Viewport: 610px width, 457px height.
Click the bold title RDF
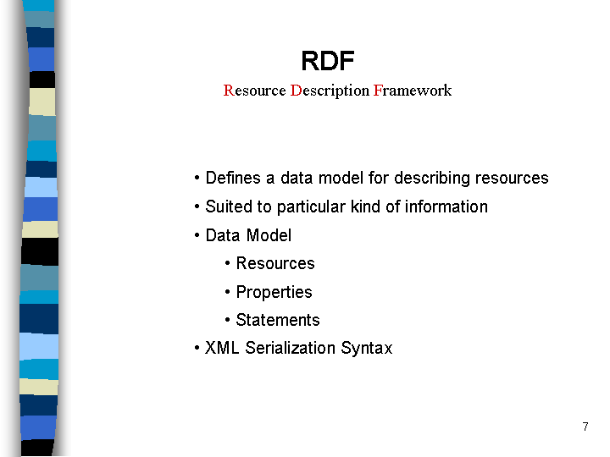pyautogui.click(x=328, y=61)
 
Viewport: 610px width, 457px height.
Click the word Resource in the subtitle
pyautogui.click(x=254, y=91)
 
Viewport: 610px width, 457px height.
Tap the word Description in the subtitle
pyautogui.click(x=330, y=91)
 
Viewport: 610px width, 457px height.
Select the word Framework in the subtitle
pyautogui.click(x=413, y=91)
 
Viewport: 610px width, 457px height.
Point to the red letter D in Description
pyautogui.click(x=296, y=91)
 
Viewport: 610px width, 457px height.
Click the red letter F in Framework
pyautogui.click(x=378, y=91)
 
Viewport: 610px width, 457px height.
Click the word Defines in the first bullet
pyautogui.click(x=233, y=178)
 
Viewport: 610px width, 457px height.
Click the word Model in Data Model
pyautogui.click(x=269, y=235)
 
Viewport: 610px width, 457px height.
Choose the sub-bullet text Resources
pyautogui.click(x=275, y=263)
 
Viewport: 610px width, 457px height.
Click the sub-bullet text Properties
pyautogui.click(x=274, y=293)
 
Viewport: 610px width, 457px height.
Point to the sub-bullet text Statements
pyautogui.click(x=278, y=320)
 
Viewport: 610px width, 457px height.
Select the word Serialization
pyautogui.click(x=291, y=348)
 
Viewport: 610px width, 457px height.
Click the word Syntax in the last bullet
pyautogui.click(x=367, y=349)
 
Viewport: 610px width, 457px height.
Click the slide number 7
pyautogui.click(x=585, y=427)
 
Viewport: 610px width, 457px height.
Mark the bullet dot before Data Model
pyautogui.click(x=197, y=235)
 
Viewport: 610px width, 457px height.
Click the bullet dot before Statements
pyautogui.click(x=228, y=320)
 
